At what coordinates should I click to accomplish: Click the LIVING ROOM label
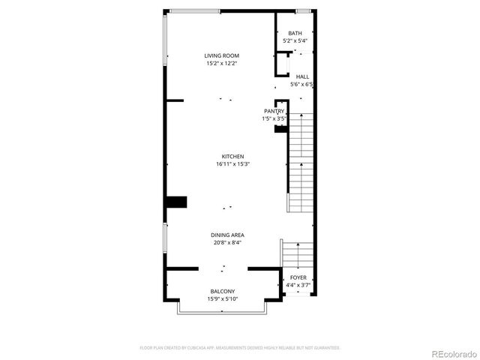click(x=222, y=55)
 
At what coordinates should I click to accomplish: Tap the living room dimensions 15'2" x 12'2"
click(x=222, y=64)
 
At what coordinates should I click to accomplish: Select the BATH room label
click(x=295, y=33)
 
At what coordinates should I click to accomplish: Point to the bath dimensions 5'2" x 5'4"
click(x=295, y=40)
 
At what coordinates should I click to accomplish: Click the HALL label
click(x=302, y=76)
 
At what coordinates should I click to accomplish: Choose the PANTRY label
click(x=274, y=111)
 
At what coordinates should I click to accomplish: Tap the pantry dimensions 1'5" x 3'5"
click(x=274, y=118)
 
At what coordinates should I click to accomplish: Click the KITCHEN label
click(x=232, y=157)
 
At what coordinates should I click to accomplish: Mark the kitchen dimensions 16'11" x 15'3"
click(x=232, y=164)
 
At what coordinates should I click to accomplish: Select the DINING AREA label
click(x=226, y=235)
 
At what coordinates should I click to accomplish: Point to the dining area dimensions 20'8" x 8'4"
click(x=226, y=242)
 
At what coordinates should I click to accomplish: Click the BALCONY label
click(x=223, y=292)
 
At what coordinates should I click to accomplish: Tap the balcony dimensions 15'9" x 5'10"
click(x=223, y=299)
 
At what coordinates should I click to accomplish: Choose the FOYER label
click(x=298, y=277)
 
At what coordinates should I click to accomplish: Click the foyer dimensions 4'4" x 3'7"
click(x=298, y=285)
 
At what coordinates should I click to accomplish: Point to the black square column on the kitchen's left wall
click(x=176, y=202)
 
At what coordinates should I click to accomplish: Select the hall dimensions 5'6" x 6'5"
click(x=301, y=84)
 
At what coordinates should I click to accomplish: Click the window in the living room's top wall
click(x=193, y=10)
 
